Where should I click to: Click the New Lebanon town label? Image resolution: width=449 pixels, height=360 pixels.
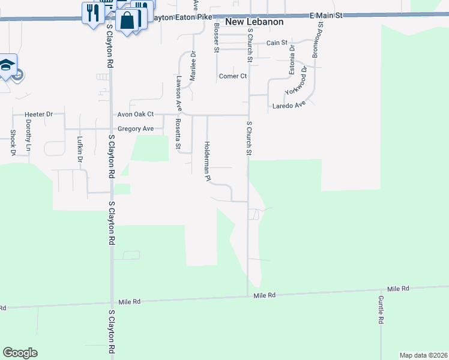[x=254, y=22]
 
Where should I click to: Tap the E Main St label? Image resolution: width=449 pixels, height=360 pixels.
[x=327, y=14]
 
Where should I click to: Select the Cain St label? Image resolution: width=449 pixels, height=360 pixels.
[x=277, y=43]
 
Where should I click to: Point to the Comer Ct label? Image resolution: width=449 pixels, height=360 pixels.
[x=233, y=76]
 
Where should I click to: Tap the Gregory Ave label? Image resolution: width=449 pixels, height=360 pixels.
[x=136, y=128]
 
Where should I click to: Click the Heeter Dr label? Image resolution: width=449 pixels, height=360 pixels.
[x=39, y=114]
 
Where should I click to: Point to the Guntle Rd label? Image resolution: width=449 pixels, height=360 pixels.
[x=381, y=310]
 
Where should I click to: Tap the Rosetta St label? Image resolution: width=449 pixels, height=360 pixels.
[x=178, y=133]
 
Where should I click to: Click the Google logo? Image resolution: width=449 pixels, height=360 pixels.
[x=20, y=353]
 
